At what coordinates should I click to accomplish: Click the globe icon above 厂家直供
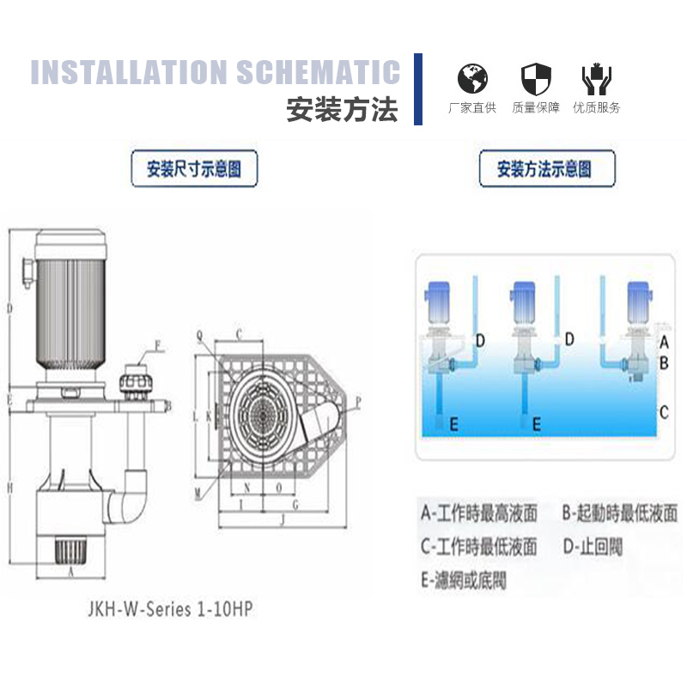[x=472, y=79]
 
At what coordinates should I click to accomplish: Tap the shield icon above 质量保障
[x=536, y=79]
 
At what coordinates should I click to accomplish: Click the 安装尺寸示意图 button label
[x=194, y=168]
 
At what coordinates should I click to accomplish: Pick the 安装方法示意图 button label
[x=546, y=168]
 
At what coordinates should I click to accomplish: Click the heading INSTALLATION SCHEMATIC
[x=216, y=72]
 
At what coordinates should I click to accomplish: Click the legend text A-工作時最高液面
[x=479, y=514]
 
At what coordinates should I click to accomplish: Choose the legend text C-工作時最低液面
[x=479, y=546]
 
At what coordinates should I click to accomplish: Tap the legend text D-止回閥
[x=593, y=546]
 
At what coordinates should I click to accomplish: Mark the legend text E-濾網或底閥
[x=464, y=580]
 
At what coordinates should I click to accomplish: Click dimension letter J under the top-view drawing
[x=283, y=520]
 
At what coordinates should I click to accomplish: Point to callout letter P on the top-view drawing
[x=358, y=400]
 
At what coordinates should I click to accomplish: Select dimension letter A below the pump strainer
[x=70, y=568]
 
